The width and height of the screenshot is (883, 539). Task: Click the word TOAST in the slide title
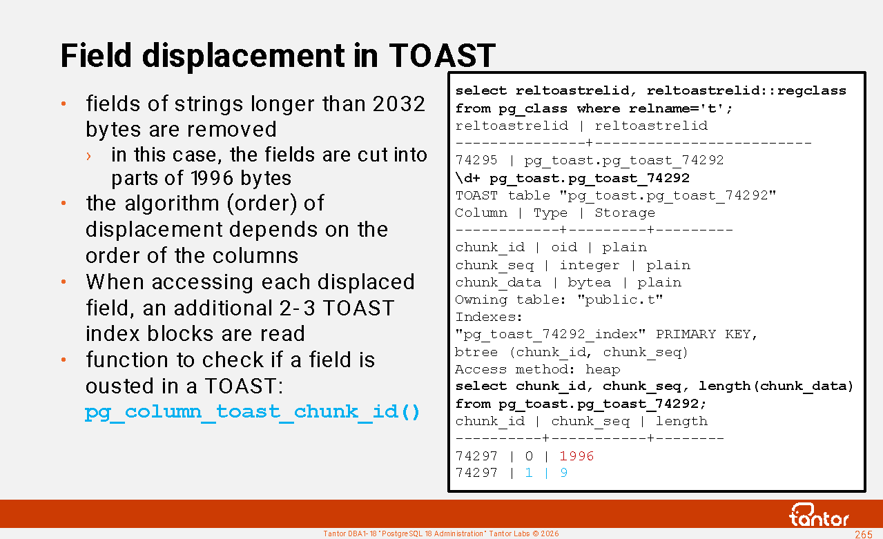[x=442, y=55]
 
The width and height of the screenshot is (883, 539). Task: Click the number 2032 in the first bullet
[x=399, y=104]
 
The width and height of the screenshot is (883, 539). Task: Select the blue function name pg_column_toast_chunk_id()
[x=252, y=412]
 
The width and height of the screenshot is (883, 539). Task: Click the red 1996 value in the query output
[x=576, y=456]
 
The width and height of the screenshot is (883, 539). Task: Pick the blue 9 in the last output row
[x=564, y=473]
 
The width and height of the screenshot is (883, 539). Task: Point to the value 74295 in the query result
[x=476, y=160]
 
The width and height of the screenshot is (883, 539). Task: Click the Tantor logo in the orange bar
[x=818, y=515]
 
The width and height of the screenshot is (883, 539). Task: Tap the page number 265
[x=863, y=534]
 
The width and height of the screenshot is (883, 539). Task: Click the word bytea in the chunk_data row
[x=590, y=282]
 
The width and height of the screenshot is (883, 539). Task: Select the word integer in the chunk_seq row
[x=590, y=266]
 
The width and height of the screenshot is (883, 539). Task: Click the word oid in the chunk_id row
[x=564, y=248]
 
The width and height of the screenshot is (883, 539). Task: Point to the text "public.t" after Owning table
[x=620, y=300]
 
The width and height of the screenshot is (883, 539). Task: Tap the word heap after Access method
[x=603, y=370]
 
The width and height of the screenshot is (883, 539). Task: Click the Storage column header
[x=625, y=213]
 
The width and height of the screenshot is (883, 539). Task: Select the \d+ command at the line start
[x=468, y=177]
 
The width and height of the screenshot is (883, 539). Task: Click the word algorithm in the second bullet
[x=172, y=204]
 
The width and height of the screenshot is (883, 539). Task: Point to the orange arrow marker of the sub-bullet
[x=88, y=157]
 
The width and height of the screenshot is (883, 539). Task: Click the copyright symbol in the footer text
[x=536, y=533]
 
